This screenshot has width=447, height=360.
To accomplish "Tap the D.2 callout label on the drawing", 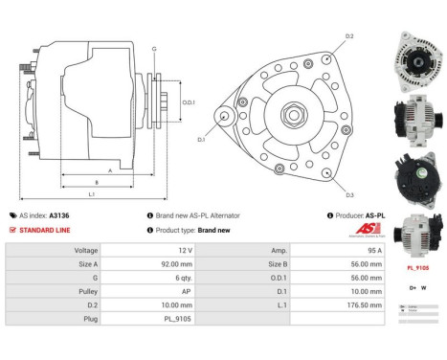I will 350,35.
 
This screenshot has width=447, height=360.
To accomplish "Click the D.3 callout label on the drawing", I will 350,195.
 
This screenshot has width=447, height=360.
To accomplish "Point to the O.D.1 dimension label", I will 189,102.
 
